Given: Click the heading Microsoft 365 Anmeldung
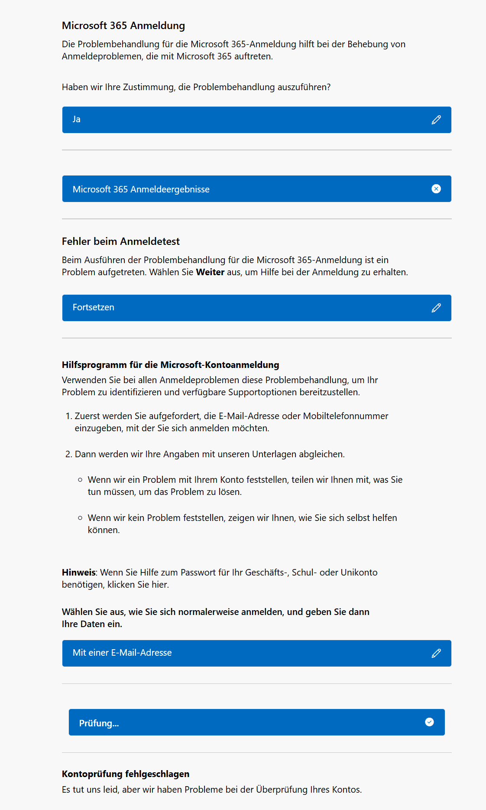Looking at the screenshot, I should [123, 26].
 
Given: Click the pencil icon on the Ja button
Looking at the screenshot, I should [436, 120].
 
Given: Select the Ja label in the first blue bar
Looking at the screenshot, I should [77, 119].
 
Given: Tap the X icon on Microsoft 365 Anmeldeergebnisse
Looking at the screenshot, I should [436, 189].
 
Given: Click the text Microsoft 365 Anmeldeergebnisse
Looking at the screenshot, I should [141, 189].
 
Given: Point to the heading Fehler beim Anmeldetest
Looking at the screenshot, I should [120, 241].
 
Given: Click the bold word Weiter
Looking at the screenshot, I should [210, 272].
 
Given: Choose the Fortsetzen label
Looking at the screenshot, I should [93, 307].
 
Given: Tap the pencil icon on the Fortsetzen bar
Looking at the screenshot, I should [436, 308].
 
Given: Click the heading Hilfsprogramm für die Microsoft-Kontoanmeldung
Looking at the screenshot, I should [170, 365].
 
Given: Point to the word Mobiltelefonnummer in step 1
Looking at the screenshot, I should [345, 416].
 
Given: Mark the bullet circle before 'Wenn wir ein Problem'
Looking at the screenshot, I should [80, 480].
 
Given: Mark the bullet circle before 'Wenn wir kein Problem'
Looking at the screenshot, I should [80, 518].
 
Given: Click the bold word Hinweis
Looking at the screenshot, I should [78, 573].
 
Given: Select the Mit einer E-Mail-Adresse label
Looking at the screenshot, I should [122, 653].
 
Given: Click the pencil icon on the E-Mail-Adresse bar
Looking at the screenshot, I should [436, 653].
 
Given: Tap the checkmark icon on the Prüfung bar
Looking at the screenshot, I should [429, 722].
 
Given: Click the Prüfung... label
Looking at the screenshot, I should [99, 723].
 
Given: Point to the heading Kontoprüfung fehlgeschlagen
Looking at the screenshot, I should [126, 774].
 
